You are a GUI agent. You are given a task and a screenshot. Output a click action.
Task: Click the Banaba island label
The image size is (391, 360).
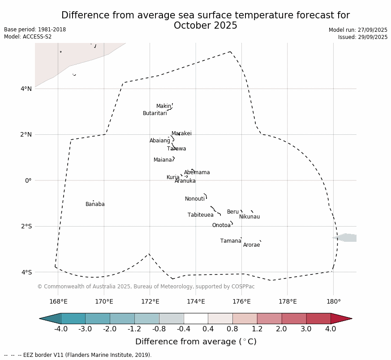(x=95, y=204)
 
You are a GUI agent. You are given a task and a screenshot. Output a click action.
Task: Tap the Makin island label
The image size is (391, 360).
(x=163, y=106)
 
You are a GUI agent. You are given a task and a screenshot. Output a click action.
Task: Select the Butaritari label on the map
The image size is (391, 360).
(x=155, y=113)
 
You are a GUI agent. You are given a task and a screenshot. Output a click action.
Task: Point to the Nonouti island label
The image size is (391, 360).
(x=195, y=199)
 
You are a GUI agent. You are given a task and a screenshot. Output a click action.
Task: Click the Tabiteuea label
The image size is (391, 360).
(x=200, y=215)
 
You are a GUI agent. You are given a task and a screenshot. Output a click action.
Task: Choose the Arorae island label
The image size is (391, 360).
(x=251, y=245)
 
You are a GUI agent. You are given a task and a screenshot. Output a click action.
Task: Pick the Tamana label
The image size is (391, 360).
(x=231, y=241)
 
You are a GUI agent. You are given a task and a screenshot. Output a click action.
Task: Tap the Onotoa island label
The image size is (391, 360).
(x=221, y=225)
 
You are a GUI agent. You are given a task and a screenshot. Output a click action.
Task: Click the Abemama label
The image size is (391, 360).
(x=197, y=172)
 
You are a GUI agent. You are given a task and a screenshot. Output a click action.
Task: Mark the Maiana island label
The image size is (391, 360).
(x=163, y=160)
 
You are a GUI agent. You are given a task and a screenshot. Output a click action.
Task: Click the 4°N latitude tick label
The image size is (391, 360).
(x=26, y=89)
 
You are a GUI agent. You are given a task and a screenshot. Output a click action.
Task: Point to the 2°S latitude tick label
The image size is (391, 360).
(x=26, y=226)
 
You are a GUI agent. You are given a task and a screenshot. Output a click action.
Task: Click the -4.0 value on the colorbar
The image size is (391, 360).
(x=61, y=329)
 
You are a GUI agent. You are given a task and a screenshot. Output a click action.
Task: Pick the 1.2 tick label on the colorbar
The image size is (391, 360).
(x=257, y=329)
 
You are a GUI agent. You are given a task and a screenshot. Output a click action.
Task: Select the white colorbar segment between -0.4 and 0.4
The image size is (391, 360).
(x=196, y=318)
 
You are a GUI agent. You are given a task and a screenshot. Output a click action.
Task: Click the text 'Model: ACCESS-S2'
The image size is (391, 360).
(x=28, y=37)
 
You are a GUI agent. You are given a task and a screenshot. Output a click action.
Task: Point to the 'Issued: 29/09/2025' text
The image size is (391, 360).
(x=363, y=37)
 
